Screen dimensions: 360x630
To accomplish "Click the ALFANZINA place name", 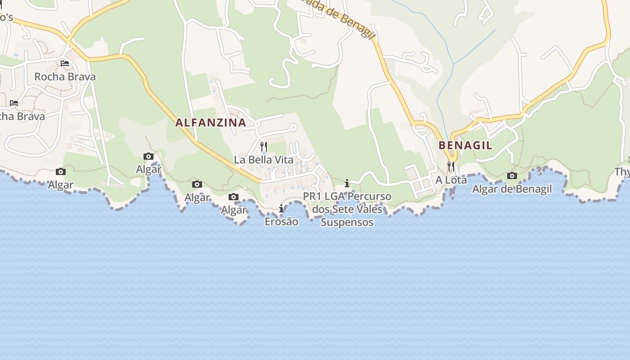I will tap(211, 122).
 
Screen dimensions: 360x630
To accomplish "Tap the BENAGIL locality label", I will tap(465, 145).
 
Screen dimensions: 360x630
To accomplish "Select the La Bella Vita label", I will tap(263, 160).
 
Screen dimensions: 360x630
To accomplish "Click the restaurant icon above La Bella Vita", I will tap(264, 147).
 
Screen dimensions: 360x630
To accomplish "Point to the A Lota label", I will tap(451, 180).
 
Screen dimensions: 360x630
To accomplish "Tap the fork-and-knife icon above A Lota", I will tap(451, 166).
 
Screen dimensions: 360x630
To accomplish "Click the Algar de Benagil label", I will tap(512, 189).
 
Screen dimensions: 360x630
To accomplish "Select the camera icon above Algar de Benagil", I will tap(512, 175).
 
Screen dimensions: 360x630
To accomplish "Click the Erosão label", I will tap(281, 221).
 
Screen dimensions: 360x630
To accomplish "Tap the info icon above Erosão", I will tap(281, 209).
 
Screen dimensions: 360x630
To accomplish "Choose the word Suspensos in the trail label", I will tap(347, 222).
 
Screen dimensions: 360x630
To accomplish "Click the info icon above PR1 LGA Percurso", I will tap(347, 183).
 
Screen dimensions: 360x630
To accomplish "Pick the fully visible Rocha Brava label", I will tap(65, 77).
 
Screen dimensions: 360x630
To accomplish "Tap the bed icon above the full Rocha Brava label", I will tap(65, 63).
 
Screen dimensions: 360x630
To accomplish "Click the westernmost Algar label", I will tap(61, 185).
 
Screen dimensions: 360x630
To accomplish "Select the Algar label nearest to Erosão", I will tap(234, 210).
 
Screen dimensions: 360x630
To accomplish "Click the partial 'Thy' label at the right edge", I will tap(622, 171).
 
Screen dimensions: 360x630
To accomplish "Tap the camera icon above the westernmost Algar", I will tap(61, 171).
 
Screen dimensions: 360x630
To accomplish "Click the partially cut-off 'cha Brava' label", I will tap(22, 117).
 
